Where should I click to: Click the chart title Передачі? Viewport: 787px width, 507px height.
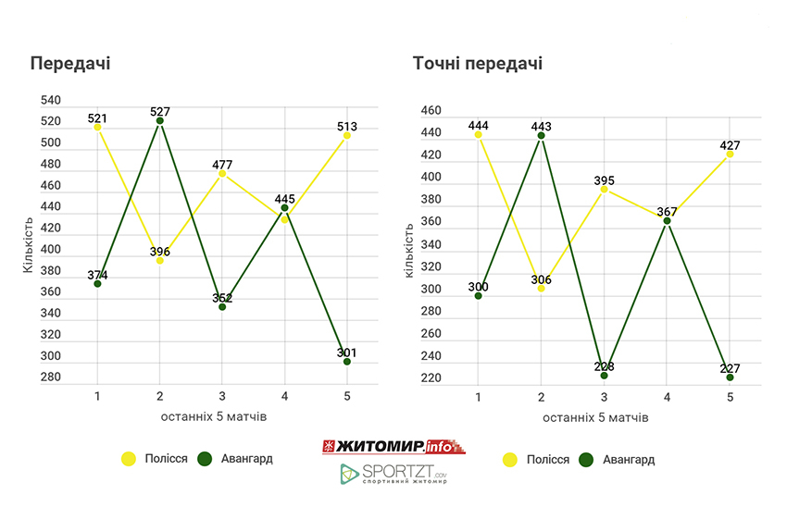70,64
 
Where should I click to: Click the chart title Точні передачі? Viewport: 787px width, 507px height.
478,64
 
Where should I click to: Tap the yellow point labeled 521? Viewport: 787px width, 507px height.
97,127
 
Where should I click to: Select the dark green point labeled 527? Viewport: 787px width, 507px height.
160,120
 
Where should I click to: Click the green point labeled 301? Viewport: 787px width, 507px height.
347,362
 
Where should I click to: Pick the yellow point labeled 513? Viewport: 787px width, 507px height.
347,135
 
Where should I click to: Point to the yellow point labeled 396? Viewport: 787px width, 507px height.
160,260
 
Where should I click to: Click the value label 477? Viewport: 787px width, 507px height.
222,165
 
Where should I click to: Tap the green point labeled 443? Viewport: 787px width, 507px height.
541,136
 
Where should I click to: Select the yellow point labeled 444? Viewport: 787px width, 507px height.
479,135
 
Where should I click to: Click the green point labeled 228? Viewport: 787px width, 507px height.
604,375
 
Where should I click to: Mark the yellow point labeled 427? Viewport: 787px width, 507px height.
730,154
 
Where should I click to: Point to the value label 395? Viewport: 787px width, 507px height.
604,180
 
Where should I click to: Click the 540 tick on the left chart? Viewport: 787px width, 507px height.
51,100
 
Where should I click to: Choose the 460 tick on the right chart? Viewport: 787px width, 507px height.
432,111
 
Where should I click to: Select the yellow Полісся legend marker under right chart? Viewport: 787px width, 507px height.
509,460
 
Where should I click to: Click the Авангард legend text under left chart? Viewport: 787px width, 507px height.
247,459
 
